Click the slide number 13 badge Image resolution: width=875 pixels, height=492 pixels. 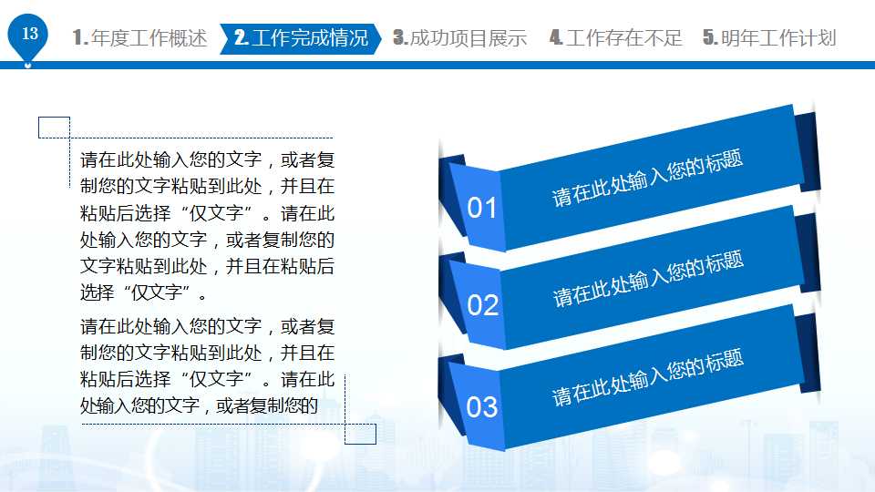29,35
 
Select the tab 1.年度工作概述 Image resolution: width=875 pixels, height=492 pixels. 139,38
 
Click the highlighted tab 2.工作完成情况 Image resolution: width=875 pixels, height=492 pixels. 301,38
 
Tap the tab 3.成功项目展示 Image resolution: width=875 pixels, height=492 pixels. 460,38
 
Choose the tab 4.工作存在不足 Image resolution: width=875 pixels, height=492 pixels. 615,38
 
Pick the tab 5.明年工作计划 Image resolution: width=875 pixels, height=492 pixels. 769,38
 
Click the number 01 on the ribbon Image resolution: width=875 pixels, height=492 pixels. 482,209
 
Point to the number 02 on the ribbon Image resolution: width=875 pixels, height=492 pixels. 483,305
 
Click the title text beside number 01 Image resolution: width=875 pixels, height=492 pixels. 647,179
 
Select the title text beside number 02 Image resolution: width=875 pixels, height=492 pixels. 648,279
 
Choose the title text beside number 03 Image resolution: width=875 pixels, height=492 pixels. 648,377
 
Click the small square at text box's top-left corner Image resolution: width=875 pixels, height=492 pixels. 54,128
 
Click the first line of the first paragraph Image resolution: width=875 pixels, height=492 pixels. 208,160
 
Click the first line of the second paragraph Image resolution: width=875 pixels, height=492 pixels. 208,326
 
